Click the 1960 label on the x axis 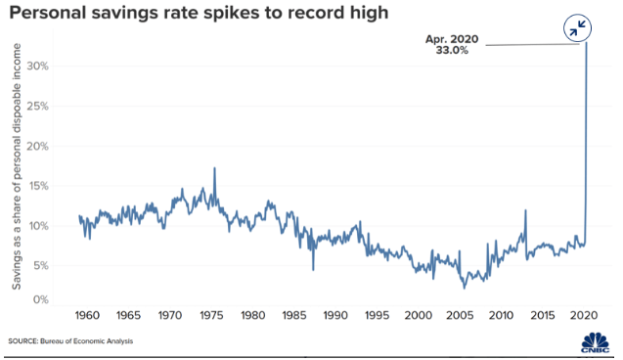86,316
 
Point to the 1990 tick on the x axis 335,316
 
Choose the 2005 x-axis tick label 460,316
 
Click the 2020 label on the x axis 584,316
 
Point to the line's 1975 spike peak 214,168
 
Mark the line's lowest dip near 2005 465,288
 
